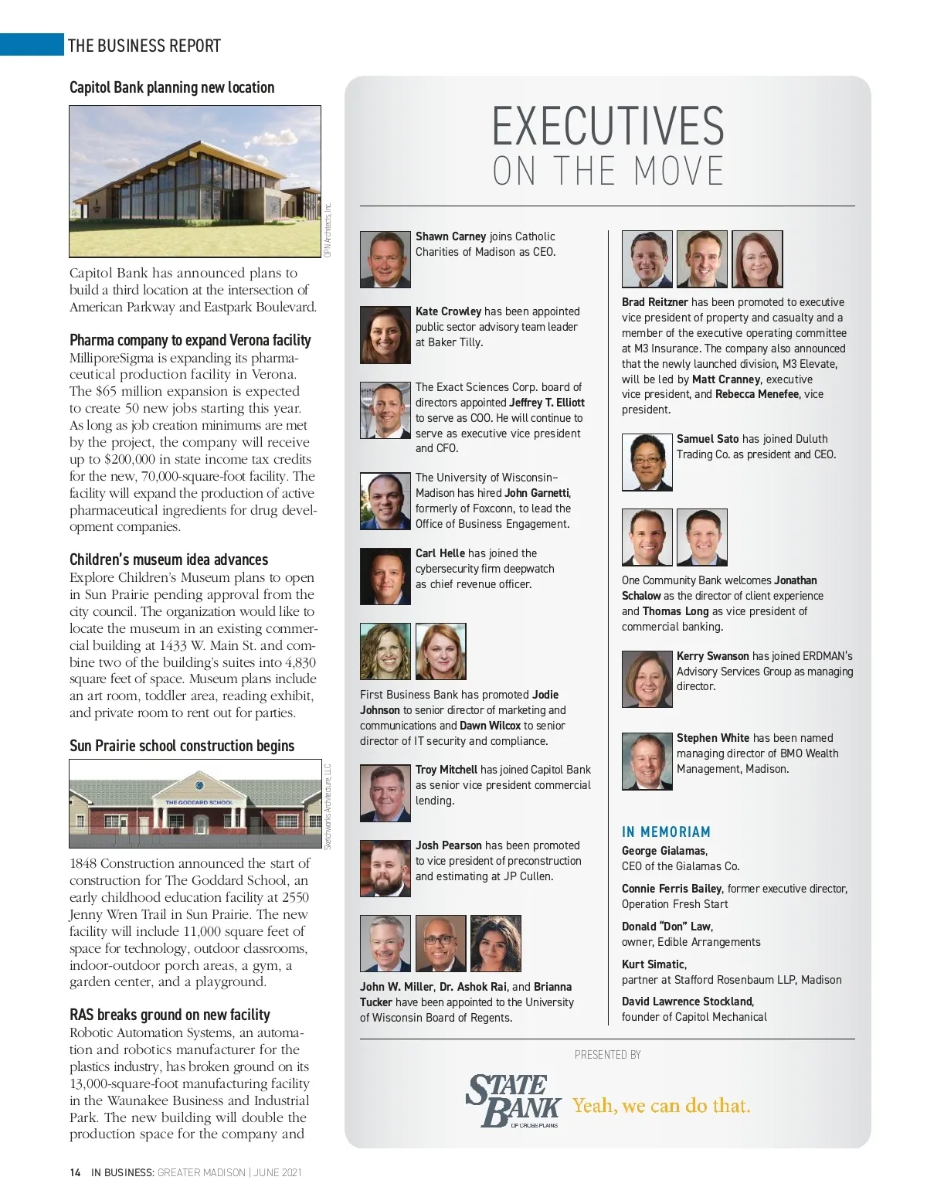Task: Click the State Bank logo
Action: coord(513,1100)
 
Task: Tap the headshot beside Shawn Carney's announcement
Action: coord(385,260)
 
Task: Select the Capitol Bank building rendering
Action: coord(195,181)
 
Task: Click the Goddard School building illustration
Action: coord(195,804)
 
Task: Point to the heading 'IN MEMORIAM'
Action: coord(666,832)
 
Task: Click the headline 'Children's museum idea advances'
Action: coord(168,559)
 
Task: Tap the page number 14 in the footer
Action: coord(75,1172)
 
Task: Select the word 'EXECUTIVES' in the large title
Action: coord(608,127)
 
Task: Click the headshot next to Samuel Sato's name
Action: coord(647,462)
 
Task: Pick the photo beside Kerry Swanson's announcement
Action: coord(647,679)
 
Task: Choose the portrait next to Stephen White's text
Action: coord(647,761)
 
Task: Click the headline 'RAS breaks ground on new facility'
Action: coord(169,1015)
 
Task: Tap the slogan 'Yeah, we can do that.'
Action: coord(661,1106)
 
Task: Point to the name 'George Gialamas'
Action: coord(664,851)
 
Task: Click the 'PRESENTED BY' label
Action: coord(607,1055)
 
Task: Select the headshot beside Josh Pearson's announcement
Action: coord(385,869)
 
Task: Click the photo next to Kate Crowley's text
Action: coord(385,335)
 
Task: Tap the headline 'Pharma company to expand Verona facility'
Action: coord(190,340)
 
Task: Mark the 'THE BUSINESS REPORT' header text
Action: coord(144,46)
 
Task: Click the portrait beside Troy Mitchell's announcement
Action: coord(385,793)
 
